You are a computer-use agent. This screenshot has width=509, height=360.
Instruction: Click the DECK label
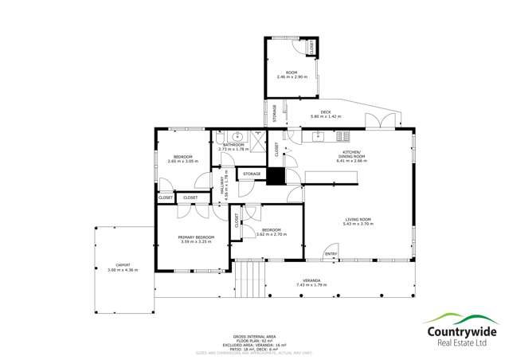(325, 112)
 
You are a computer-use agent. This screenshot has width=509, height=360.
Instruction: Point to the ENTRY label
(331, 254)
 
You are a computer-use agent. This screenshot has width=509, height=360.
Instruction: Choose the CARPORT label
(123, 265)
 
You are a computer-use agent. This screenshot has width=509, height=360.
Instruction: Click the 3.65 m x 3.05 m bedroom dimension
(182, 162)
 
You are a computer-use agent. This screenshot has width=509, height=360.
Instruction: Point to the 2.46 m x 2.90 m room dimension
(292, 76)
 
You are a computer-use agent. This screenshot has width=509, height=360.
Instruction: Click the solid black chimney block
(275, 177)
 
